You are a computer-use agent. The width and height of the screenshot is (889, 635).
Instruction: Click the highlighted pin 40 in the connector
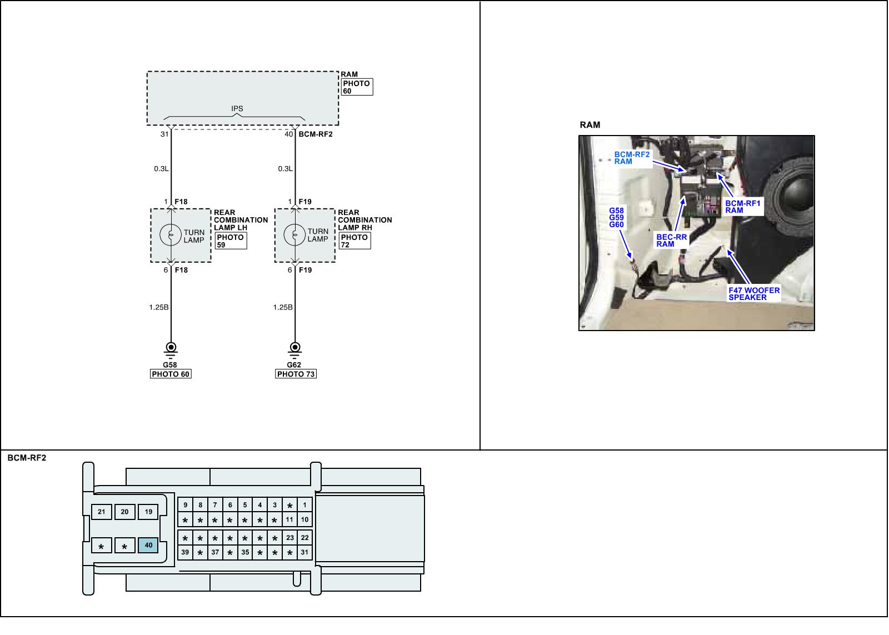[148, 546]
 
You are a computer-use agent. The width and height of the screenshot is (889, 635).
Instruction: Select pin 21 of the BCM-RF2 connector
[101, 512]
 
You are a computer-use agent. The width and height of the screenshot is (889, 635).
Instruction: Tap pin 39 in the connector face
[185, 552]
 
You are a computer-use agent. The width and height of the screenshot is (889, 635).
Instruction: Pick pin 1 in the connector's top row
[304, 505]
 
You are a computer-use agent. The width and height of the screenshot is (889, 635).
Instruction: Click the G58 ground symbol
[171, 348]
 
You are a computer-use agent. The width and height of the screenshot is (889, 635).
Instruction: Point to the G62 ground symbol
[295, 348]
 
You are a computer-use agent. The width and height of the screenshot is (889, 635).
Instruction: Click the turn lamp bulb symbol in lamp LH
[171, 236]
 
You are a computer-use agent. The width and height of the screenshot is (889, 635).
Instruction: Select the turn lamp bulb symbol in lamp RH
[295, 236]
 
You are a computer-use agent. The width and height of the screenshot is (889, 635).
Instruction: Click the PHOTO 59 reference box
[231, 241]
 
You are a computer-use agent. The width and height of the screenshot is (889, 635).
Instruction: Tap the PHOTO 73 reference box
[296, 374]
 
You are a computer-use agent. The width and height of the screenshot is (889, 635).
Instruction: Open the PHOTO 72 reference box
[354, 241]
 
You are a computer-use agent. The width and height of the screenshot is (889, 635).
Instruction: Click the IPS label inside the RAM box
[237, 109]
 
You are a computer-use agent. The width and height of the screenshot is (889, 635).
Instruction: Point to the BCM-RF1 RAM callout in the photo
[743, 207]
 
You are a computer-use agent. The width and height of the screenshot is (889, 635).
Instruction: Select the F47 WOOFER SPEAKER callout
[754, 294]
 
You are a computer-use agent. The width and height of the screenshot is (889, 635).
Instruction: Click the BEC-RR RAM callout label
[672, 241]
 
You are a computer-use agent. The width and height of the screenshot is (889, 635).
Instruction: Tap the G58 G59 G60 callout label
[616, 217]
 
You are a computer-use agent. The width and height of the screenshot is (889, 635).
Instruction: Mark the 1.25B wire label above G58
[158, 307]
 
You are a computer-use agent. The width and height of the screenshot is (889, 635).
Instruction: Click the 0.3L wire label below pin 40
[285, 169]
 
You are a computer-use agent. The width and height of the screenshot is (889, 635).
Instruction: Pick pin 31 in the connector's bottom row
[304, 552]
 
